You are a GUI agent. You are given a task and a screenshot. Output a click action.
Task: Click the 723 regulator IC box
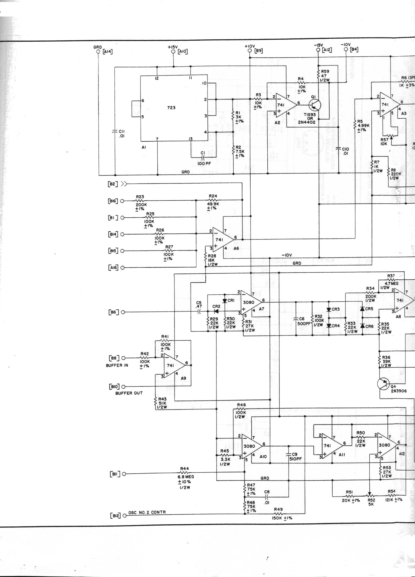(174, 108)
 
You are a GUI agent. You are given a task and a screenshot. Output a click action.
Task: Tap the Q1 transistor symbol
(315, 105)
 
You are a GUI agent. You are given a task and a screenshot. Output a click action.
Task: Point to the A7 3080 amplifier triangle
(250, 302)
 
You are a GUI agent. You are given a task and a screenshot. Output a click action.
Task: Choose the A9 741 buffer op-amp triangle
(173, 365)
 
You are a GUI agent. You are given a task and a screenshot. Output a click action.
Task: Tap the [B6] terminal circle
(123, 312)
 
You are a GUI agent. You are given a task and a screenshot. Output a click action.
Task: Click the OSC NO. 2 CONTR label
(147, 512)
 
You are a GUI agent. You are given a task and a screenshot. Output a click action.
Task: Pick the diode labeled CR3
(329, 309)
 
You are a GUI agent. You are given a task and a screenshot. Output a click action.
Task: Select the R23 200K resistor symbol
(140, 200)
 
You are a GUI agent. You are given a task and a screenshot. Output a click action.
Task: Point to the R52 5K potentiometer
(370, 495)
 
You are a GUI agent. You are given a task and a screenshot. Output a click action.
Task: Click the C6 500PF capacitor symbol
(296, 319)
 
